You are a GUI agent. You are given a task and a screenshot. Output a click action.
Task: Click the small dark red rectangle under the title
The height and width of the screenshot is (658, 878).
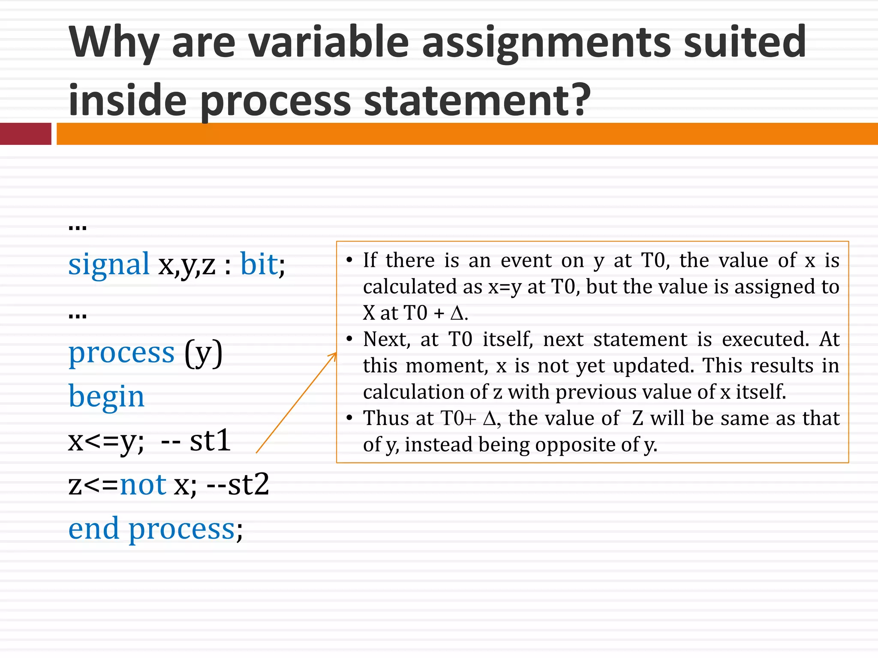pyautogui.click(x=26, y=134)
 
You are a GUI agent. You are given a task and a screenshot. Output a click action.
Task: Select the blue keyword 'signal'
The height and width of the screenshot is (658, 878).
pyautogui.click(x=109, y=264)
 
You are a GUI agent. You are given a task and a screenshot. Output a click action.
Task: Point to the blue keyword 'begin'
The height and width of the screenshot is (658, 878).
pyautogui.click(x=106, y=397)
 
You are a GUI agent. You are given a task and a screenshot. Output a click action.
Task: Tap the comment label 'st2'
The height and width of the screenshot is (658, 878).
pyautogui.click(x=248, y=485)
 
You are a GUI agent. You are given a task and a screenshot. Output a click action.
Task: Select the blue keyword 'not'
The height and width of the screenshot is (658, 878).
pyautogui.click(x=143, y=485)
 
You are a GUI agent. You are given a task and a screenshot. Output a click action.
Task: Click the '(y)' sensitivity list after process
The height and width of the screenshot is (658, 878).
pyautogui.click(x=204, y=353)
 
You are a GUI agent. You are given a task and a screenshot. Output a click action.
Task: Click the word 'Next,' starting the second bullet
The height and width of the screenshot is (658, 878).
pyautogui.click(x=387, y=339)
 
